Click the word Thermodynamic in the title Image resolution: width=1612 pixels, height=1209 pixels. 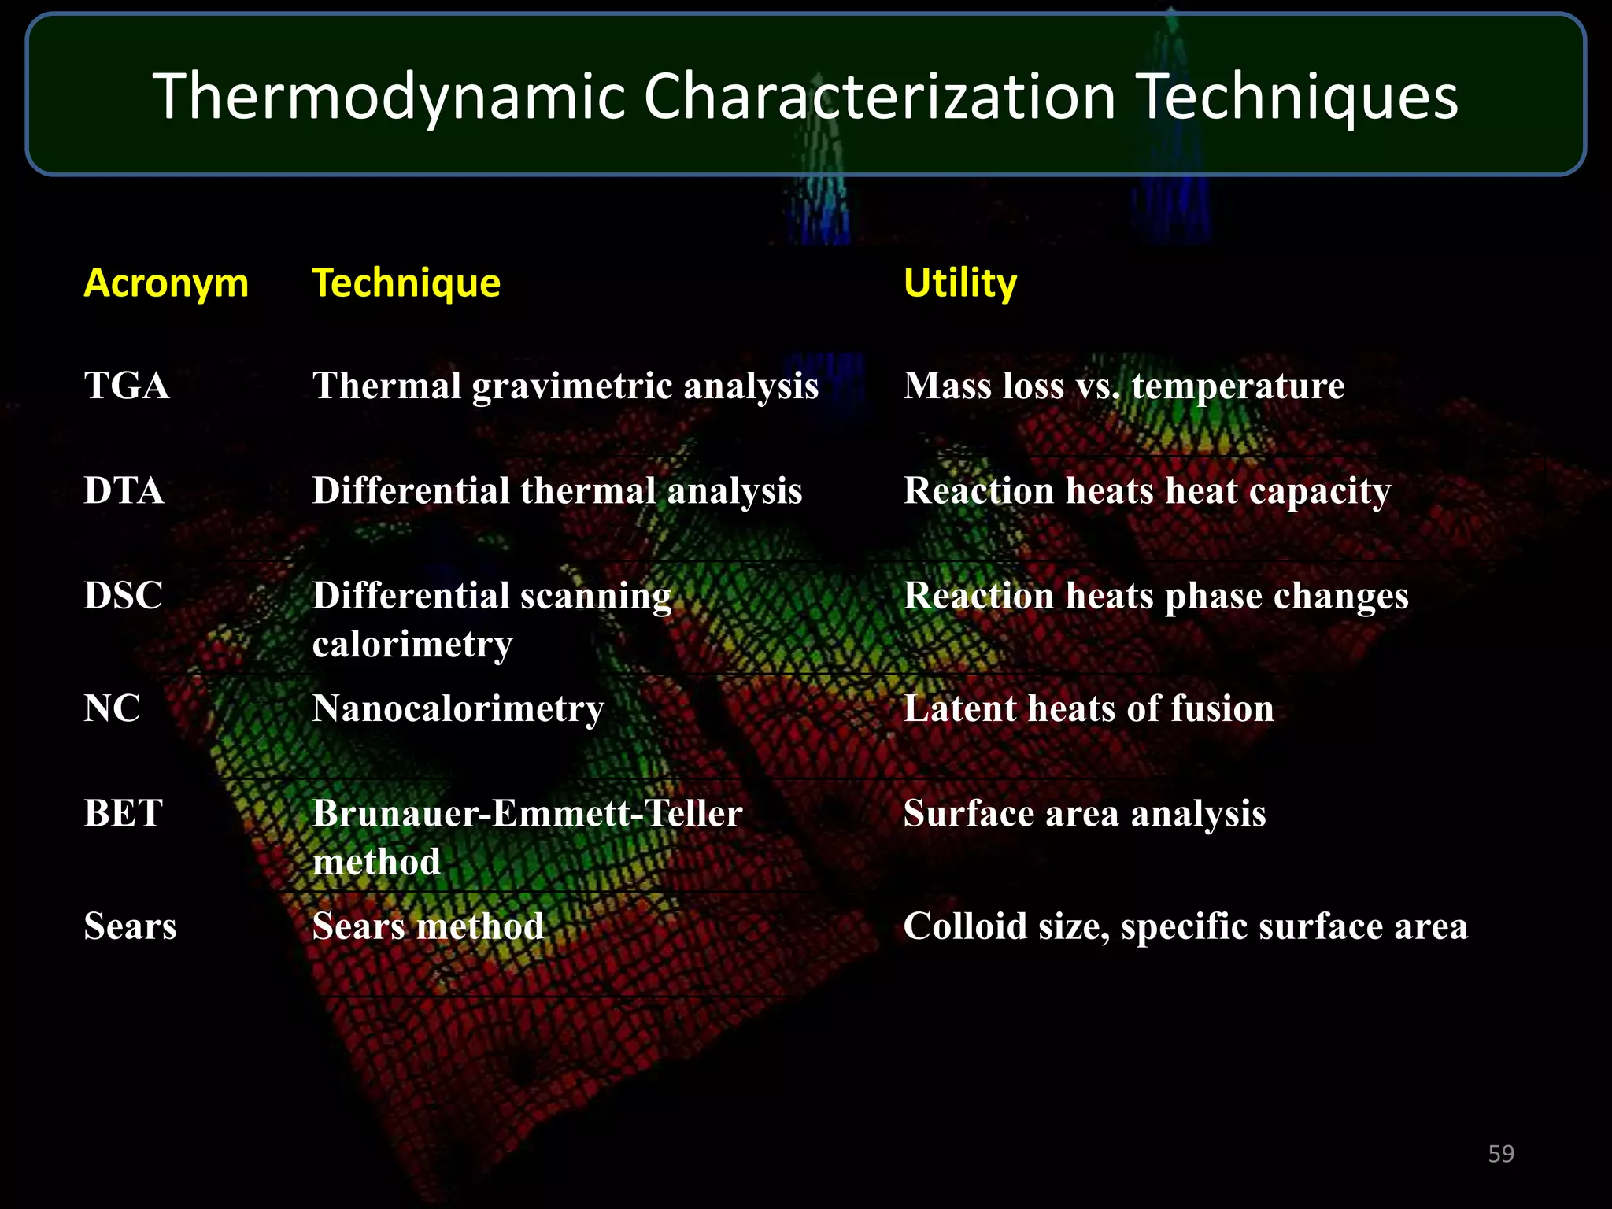pyautogui.click(x=389, y=97)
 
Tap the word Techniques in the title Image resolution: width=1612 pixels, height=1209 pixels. pyautogui.click(x=1299, y=97)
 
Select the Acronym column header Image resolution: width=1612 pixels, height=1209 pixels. pyautogui.click(x=166, y=283)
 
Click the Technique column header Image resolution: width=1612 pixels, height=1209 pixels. pyautogui.click(x=406, y=283)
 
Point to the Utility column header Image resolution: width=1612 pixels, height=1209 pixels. pyautogui.click(x=959, y=283)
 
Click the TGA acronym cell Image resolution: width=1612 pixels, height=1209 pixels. pyautogui.click(x=127, y=386)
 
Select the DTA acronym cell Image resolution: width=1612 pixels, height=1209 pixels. pyautogui.click(x=124, y=490)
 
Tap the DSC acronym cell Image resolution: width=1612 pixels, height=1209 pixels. pyautogui.click(x=123, y=595)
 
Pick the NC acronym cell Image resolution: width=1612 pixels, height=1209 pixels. pyautogui.click(x=112, y=708)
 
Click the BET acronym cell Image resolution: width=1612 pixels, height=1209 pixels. pyautogui.click(x=123, y=812)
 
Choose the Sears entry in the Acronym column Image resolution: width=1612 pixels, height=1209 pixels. pyautogui.click(x=130, y=926)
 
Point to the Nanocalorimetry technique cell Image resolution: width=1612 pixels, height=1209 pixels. pyautogui.click(x=458, y=708)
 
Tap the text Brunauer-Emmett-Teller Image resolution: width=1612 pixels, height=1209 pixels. pyautogui.click(x=527, y=813)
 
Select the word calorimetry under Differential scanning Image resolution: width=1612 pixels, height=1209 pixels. pyautogui.click(x=412, y=644)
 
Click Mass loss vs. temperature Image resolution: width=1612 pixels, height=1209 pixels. pyautogui.click(x=1123, y=386)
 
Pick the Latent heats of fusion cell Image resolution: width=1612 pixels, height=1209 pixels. pyautogui.click(x=1088, y=708)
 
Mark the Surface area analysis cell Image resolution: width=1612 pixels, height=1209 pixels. pyautogui.click(x=1084, y=813)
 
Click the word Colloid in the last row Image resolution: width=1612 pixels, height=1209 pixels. pyautogui.click(x=963, y=926)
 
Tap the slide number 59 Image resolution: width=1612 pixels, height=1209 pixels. pyautogui.click(x=1500, y=1154)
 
